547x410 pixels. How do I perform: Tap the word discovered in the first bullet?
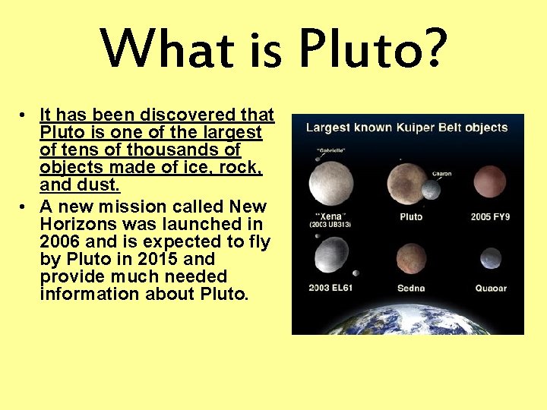[196, 115]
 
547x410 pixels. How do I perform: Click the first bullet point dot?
[25, 115]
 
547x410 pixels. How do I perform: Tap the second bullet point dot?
[25, 207]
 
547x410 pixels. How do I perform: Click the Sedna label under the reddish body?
[411, 289]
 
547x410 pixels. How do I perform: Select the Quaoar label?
[490, 289]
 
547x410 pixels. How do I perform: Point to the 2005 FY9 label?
[490, 217]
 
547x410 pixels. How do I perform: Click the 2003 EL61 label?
[330, 289]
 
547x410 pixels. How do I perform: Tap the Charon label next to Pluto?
[441, 174]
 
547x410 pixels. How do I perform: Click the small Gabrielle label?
[330, 150]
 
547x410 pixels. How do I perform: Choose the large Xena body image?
[330, 186]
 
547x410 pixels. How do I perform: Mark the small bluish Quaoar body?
[490, 258]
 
